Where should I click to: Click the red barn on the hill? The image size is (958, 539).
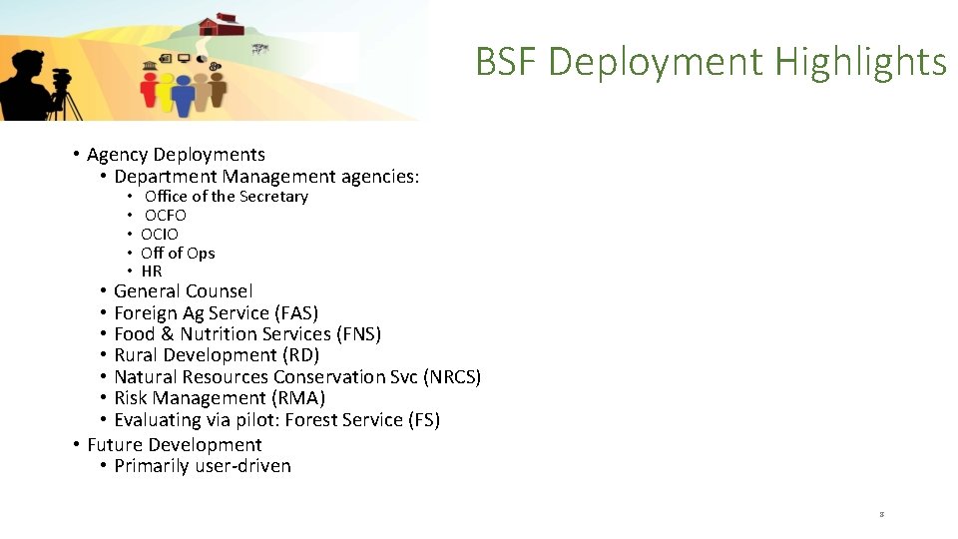221,24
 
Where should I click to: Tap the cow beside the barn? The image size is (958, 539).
260,47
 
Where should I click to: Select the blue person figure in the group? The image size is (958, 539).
182,94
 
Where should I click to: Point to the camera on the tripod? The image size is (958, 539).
62,78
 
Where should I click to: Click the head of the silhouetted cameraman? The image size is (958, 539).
27,62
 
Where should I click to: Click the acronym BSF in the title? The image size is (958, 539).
507,62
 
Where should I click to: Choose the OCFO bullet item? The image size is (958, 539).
166,215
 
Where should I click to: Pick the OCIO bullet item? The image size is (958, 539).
160,234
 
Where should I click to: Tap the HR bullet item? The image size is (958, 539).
152,270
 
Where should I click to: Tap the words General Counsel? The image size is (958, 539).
184,291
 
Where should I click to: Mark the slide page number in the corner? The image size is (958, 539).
882,515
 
